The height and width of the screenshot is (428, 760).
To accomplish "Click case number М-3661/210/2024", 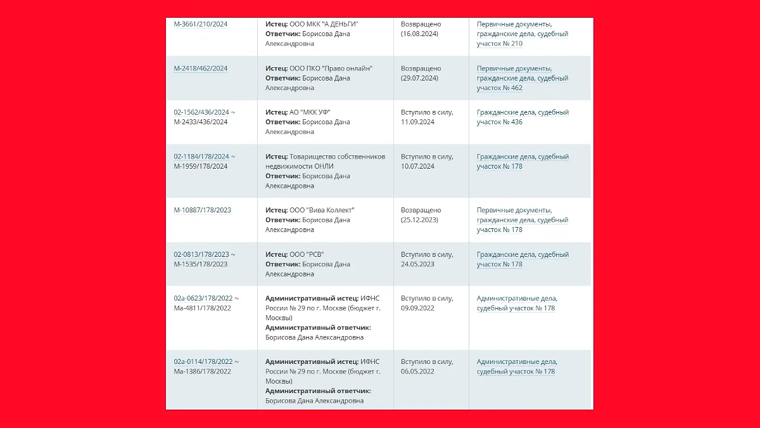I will (200, 24).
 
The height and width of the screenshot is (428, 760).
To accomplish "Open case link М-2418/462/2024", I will (200, 68).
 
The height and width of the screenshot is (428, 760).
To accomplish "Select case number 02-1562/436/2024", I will (201, 112).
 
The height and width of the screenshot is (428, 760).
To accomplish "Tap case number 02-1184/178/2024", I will (201, 157).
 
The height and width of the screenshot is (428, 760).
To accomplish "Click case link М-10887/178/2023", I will (202, 210).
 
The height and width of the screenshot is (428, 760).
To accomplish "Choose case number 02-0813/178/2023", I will (201, 254).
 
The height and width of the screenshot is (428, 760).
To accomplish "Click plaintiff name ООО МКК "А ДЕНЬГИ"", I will (324, 24).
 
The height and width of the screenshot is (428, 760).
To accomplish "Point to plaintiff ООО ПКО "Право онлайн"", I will (331, 68).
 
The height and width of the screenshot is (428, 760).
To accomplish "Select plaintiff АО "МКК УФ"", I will (310, 112).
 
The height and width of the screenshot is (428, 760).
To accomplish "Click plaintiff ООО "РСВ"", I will (307, 254).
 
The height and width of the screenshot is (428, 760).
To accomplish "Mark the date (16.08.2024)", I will (419, 34).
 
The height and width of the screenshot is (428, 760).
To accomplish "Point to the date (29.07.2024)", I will (419, 78).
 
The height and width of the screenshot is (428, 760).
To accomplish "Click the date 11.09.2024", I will (417, 122).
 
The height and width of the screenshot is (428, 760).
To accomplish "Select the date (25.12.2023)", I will (419, 220).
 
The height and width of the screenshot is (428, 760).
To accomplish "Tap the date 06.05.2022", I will (417, 371).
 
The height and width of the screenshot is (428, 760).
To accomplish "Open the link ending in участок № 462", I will (500, 88).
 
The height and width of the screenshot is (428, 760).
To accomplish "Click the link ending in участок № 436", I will (500, 122).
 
